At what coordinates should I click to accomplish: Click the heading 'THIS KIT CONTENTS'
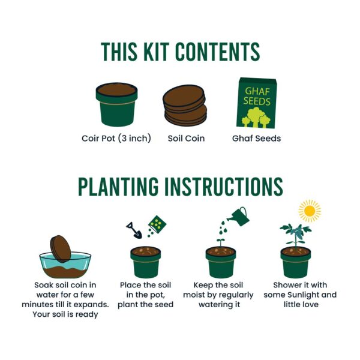tap(180, 52)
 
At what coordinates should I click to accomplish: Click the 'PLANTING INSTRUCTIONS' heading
tap(180, 187)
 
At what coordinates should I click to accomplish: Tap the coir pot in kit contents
tap(116, 105)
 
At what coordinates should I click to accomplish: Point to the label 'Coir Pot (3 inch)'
tap(116, 139)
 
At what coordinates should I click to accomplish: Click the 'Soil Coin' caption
tap(186, 139)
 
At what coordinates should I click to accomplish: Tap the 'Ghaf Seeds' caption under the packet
tap(256, 139)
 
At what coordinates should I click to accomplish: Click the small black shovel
tap(133, 229)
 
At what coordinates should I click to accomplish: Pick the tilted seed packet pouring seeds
tap(157, 224)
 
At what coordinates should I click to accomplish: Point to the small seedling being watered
tap(220, 241)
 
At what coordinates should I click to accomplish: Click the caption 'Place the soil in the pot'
tap(146, 295)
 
